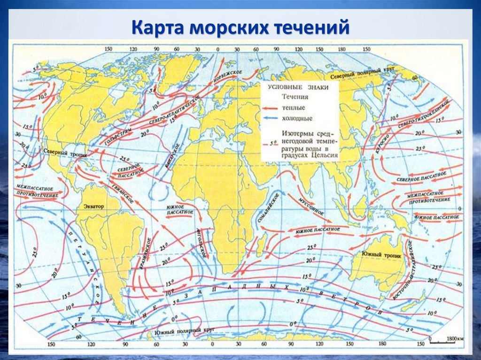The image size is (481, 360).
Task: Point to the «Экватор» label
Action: pyautogui.click(x=95, y=206)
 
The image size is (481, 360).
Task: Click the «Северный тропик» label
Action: pyautogui.click(x=62, y=153)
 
